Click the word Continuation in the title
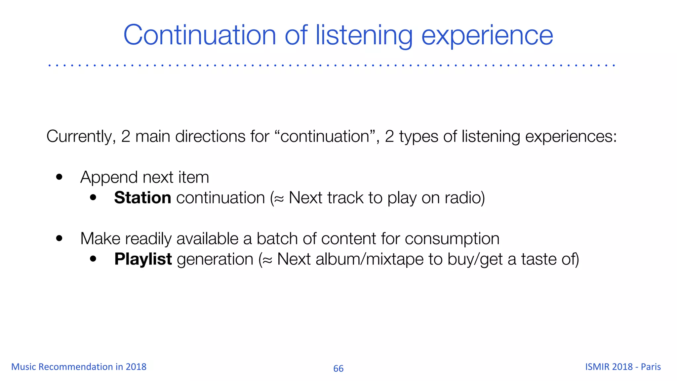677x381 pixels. (x=199, y=35)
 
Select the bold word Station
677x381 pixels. (x=142, y=198)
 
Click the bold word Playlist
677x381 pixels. (x=143, y=259)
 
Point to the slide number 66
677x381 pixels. (x=338, y=368)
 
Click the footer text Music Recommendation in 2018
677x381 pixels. (x=79, y=367)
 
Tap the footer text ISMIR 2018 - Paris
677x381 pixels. (x=623, y=367)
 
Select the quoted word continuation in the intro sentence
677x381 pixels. (x=325, y=137)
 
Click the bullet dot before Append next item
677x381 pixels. (x=59, y=177)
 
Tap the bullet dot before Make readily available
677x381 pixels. (x=59, y=238)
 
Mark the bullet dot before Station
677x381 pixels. (x=93, y=197)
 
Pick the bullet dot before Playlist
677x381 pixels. (x=93, y=259)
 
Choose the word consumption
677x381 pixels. (x=452, y=239)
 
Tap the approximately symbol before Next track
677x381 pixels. (x=279, y=198)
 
